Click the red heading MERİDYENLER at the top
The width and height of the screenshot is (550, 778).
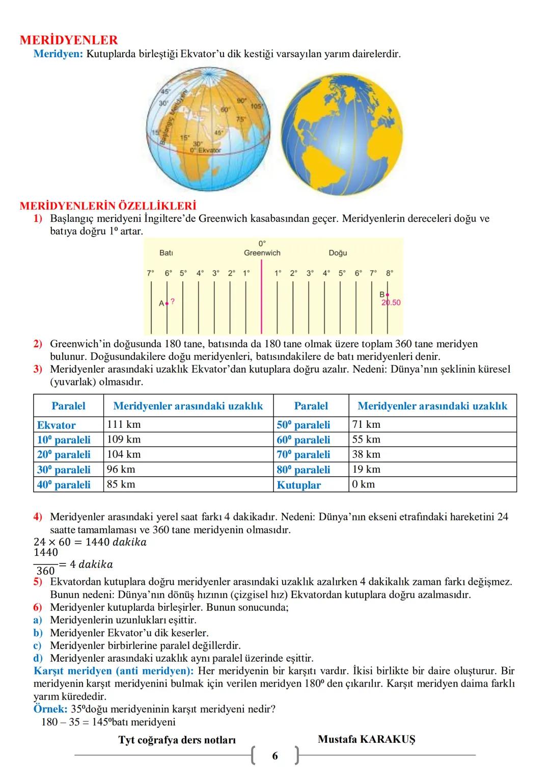[69, 40]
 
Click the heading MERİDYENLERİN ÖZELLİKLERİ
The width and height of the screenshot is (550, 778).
[107, 206]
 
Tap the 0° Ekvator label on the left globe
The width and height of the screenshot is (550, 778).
[206, 150]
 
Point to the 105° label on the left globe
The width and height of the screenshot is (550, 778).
[257, 106]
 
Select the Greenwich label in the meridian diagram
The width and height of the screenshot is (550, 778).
[262, 253]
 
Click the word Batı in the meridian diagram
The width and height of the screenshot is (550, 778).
[166, 253]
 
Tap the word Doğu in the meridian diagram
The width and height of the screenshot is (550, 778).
[338, 253]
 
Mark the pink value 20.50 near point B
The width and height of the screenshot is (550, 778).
[391, 303]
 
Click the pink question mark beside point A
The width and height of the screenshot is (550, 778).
[173, 301]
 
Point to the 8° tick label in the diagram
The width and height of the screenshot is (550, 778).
[390, 273]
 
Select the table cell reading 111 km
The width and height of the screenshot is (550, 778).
[124, 425]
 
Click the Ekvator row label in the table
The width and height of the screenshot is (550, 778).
[56, 425]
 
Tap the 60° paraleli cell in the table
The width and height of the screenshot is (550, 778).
[304, 440]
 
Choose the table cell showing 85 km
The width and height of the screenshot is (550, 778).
[121, 484]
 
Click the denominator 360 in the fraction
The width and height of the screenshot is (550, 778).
[45, 571]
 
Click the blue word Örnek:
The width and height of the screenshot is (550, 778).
[50, 709]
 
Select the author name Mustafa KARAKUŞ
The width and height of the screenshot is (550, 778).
[366, 739]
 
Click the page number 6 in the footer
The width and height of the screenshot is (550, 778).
[275, 756]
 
